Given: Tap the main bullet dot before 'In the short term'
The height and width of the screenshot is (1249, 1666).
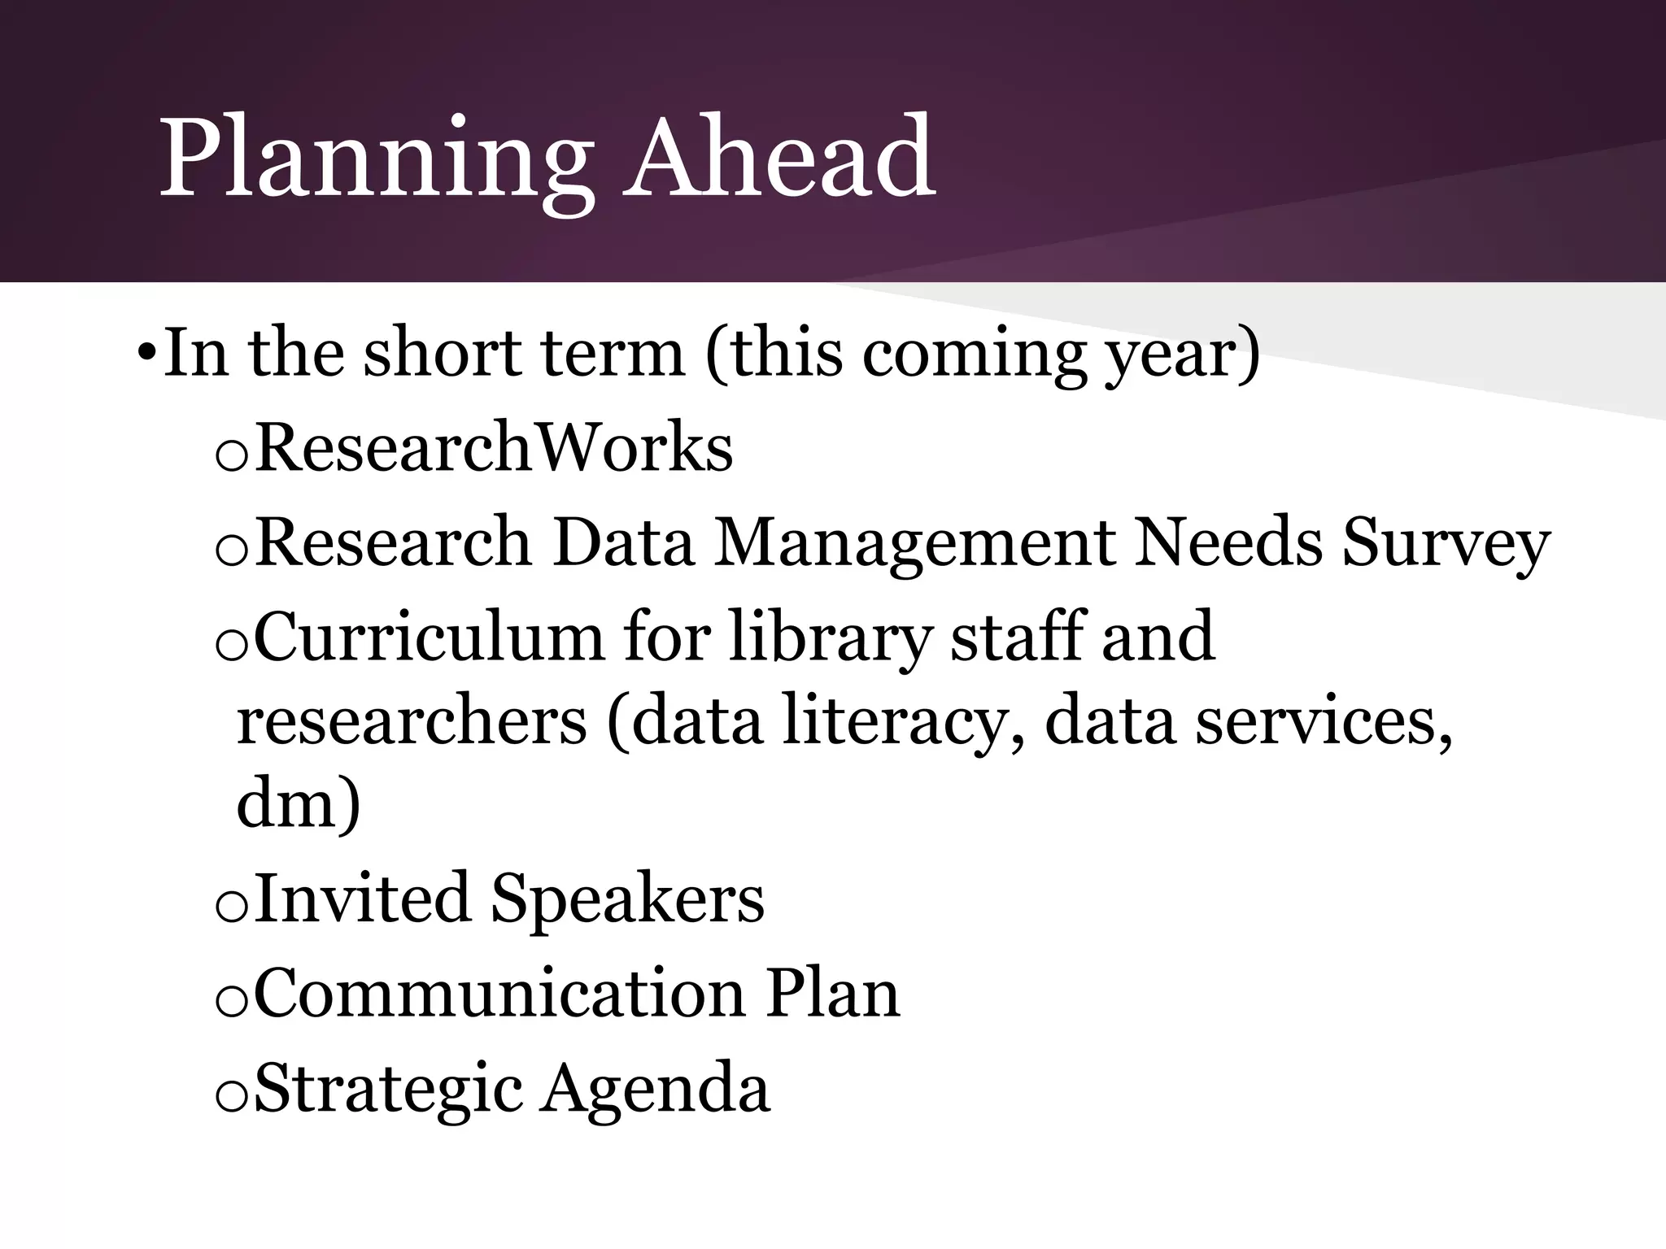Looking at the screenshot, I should pos(146,355).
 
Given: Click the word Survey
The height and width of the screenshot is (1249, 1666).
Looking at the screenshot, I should pos(1446,544).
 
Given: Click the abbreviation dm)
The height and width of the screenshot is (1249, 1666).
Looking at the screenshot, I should pos(298,805).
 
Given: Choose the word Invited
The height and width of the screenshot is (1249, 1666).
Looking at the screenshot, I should pos(363,899).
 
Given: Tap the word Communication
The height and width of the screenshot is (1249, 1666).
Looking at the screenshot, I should pos(499,993).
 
